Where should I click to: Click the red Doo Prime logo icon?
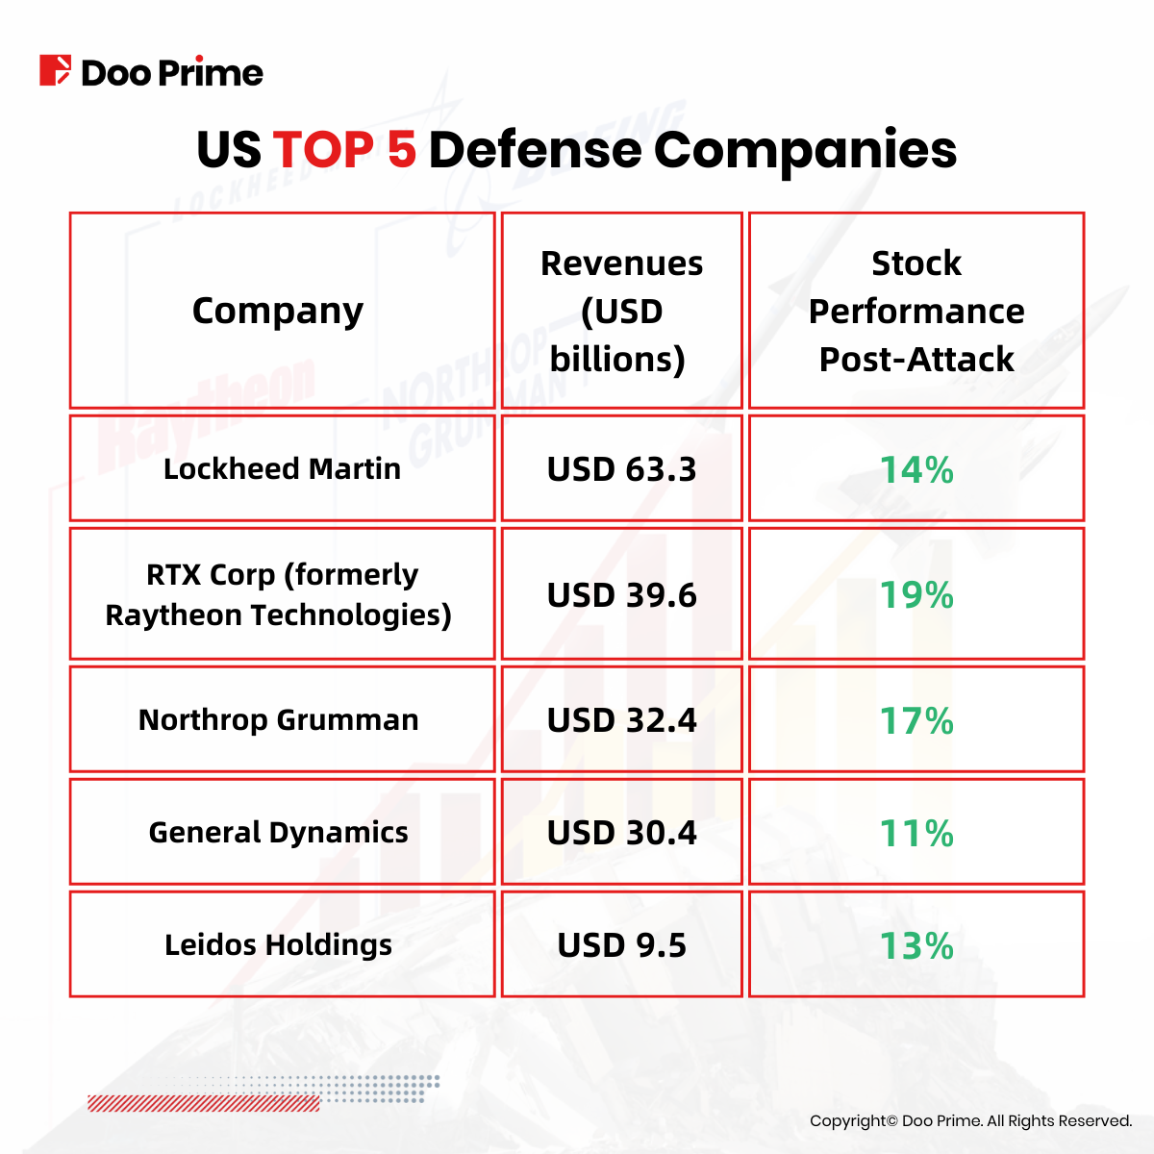(x=55, y=71)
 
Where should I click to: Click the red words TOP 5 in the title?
(x=344, y=150)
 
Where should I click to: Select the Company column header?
(x=278, y=311)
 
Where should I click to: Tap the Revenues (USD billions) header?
(x=621, y=311)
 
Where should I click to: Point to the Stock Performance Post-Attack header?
(x=916, y=311)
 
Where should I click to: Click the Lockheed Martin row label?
(x=282, y=468)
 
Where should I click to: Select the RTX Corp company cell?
(x=280, y=594)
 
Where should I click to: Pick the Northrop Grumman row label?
(x=279, y=719)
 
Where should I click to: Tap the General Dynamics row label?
(x=279, y=832)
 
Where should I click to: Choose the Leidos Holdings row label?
(x=279, y=944)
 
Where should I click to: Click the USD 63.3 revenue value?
(x=621, y=469)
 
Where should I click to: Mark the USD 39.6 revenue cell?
(x=621, y=595)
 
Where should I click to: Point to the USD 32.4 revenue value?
(x=621, y=720)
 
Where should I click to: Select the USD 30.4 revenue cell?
(x=621, y=833)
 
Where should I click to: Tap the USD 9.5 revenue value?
(x=621, y=945)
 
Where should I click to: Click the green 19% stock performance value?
(x=916, y=595)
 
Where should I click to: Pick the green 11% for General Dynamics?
(x=916, y=833)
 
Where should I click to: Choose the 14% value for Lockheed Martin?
(x=916, y=469)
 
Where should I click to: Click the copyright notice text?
(x=970, y=1120)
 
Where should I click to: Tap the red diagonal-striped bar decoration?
(x=204, y=1103)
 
